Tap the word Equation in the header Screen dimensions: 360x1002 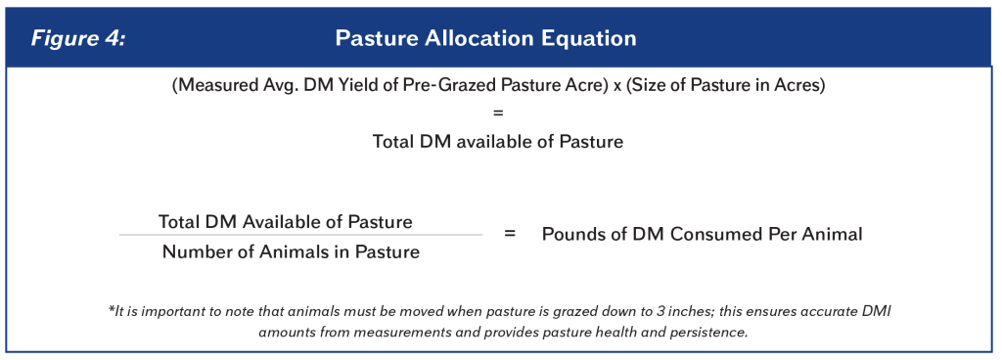pyautogui.click(x=591, y=38)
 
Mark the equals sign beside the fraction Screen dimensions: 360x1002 pyautogui.click(x=510, y=235)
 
